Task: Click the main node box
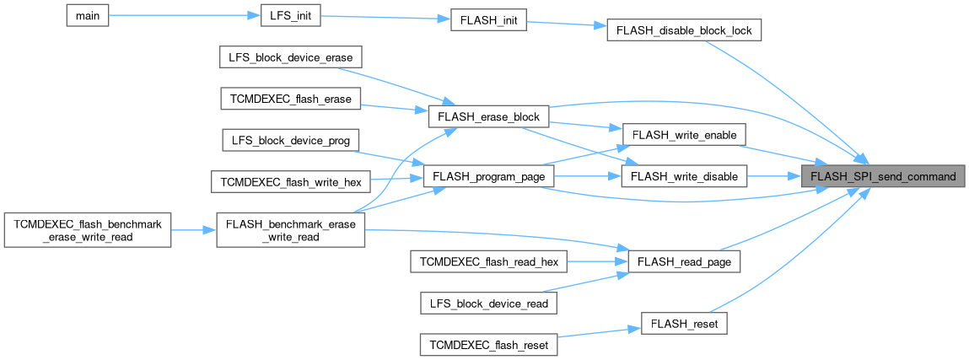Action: (88, 16)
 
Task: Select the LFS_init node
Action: (283, 16)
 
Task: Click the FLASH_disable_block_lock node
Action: (685, 30)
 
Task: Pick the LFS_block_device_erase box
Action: (290, 57)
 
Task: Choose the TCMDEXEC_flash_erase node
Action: (290, 98)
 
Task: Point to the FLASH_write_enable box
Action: (684, 135)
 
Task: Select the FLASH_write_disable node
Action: (684, 176)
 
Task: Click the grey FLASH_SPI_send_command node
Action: (883, 176)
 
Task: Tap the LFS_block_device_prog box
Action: (290, 139)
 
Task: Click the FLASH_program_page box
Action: (489, 176)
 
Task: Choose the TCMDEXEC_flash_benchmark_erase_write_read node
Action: (88, 228)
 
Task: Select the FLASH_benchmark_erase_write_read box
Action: (290, 228)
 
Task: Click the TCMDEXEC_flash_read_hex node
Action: (489, 261)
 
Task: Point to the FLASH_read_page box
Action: (684, 261)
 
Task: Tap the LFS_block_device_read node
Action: (489, 303)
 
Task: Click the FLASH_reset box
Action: (684, 323)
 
